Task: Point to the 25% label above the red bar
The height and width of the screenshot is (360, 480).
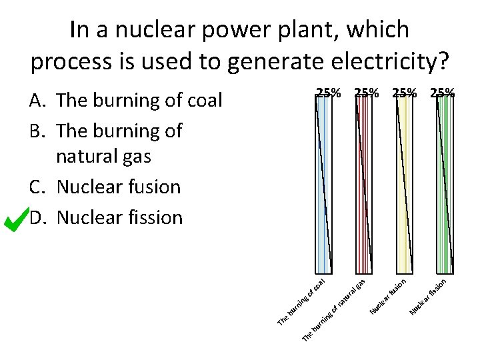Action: [367, 93]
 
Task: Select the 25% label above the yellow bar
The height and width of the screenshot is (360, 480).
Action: [405, 93]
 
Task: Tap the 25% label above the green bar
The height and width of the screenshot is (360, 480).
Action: [443, 93]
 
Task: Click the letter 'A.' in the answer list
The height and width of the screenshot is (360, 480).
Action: [38, 101]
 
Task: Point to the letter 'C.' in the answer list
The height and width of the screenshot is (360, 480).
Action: [38, 187]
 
